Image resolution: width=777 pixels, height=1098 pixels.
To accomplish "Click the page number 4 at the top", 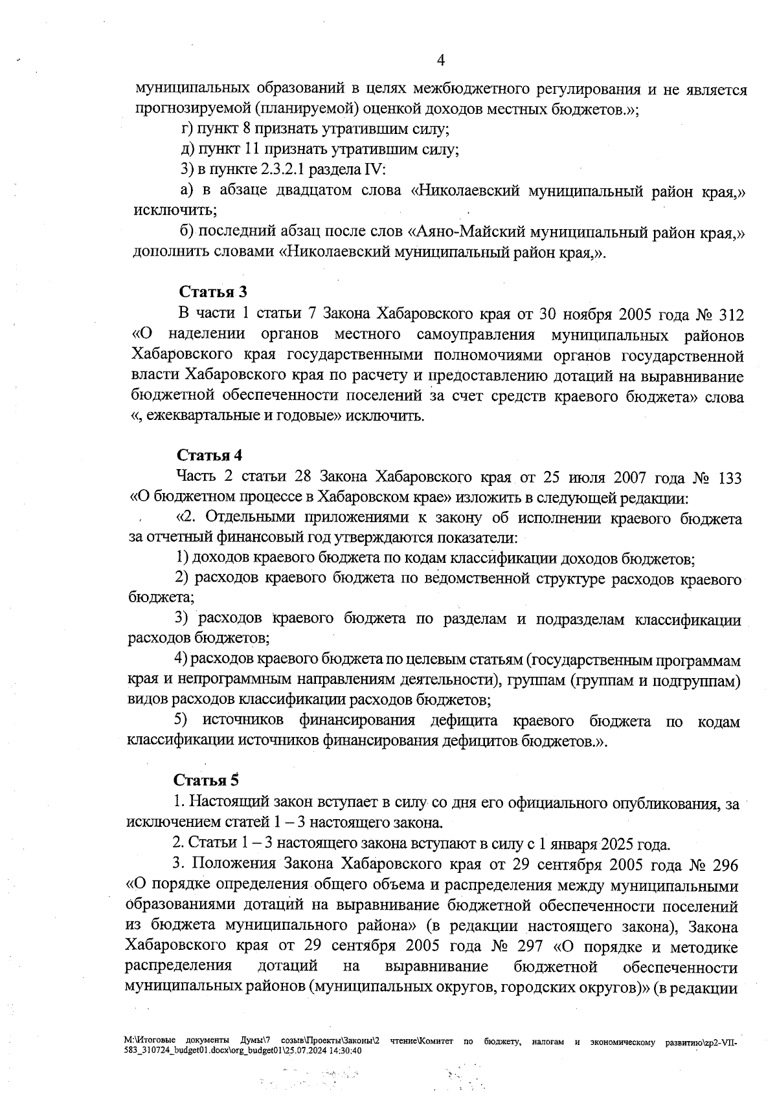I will click(x=441, y=60).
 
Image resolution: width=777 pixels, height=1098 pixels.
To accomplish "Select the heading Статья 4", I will click(x=210, y=455).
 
